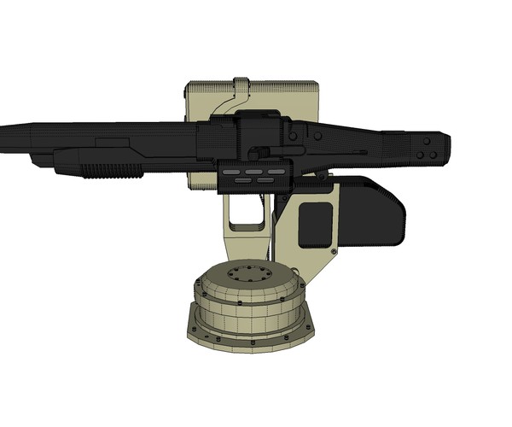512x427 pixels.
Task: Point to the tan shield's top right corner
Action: pyautogui.click(x=316, y=84)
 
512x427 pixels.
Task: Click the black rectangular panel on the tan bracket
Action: pyautogui.click(x=315, y=225)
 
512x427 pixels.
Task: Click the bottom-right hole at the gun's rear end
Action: pyautogui.click(x=433, y=155)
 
